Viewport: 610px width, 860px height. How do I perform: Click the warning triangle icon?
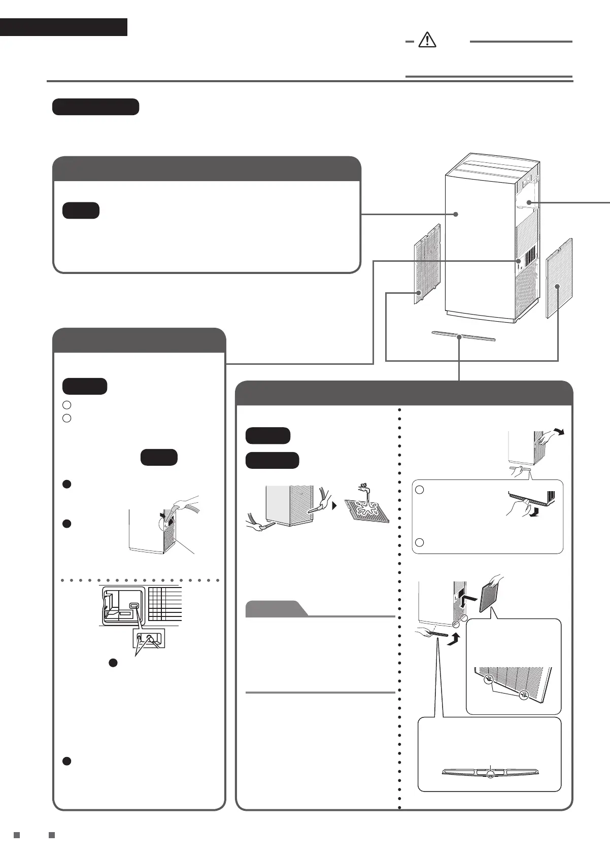(427, 40)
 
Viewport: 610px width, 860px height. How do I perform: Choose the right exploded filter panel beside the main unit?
(559, 278)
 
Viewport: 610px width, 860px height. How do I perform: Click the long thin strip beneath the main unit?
(462, 337)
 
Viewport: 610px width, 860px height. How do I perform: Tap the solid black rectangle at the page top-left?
(63, 27)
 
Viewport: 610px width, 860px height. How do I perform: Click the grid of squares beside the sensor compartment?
(165, 604)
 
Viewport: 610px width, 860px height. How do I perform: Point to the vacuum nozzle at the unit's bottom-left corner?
(263, 528)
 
